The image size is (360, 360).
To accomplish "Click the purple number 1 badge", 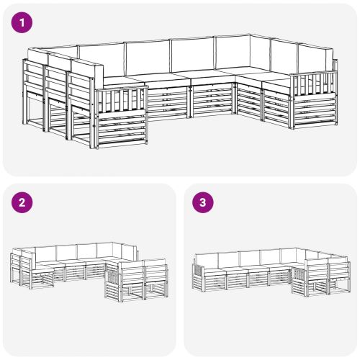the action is (x=22, y=23).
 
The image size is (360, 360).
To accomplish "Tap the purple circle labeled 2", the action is (x=22, y=202).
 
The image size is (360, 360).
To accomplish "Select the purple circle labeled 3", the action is (x=203, y=202).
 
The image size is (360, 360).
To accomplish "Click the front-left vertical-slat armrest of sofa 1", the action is (x=122, y=100).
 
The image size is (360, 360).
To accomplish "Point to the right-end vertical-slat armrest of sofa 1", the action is (x=314, y=84).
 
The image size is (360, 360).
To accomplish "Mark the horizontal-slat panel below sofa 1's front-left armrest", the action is (x=122, y=130).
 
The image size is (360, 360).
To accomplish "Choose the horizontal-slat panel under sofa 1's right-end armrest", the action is (x=315, y=111).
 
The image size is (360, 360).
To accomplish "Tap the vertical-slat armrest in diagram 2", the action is (x=113, y=275).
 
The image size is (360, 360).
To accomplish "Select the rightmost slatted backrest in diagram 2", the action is (x=156, y=272).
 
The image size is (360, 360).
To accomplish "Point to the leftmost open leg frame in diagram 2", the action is (x=16, y=275).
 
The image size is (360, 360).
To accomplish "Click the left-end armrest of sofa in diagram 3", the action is (x=197, y=269).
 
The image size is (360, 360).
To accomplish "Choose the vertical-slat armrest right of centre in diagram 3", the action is (x=298, y=274).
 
